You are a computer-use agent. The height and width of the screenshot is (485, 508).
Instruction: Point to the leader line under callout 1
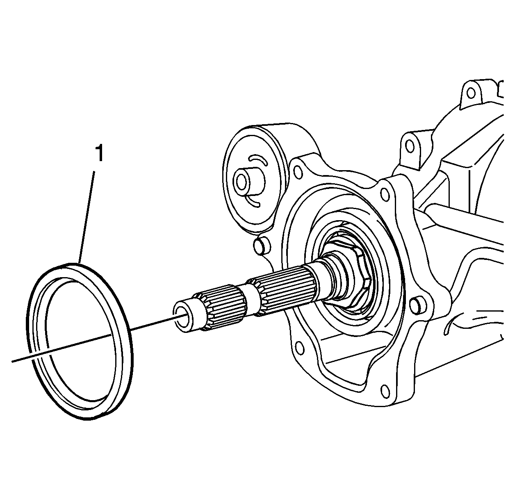(x=86, y=217)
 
